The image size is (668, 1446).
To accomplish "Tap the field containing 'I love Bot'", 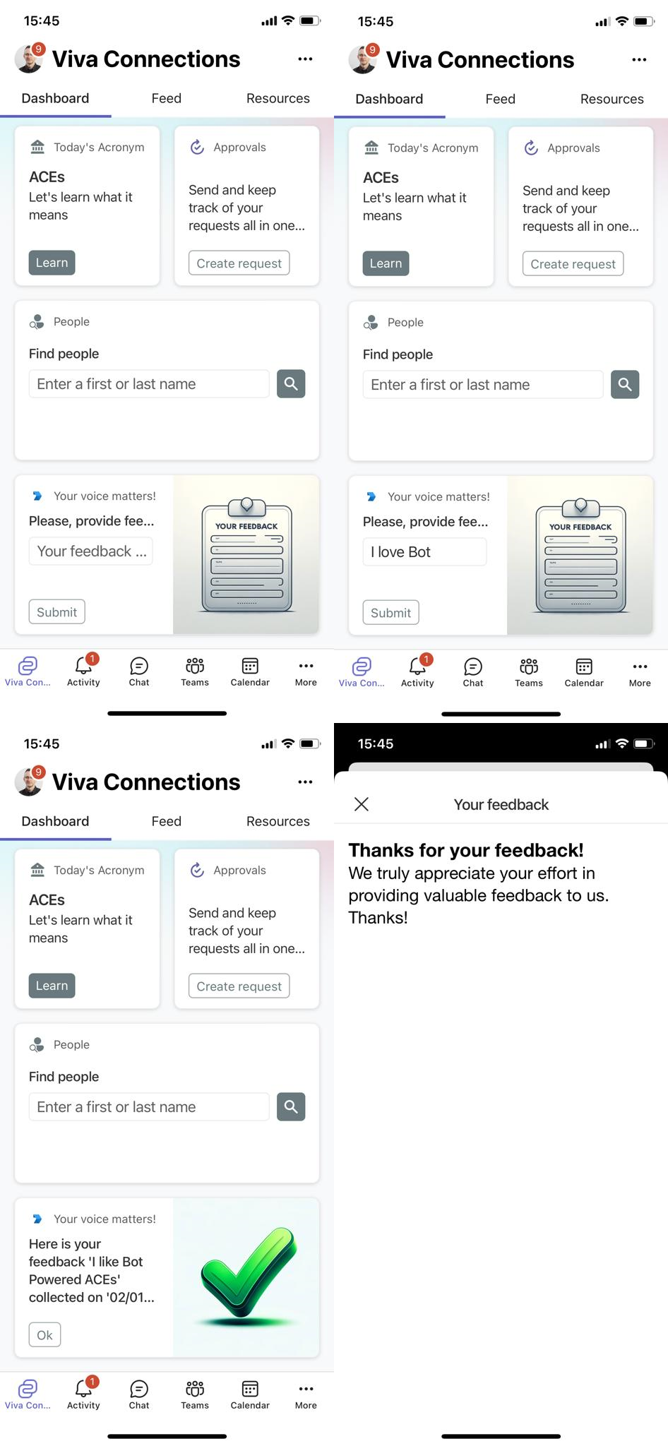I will tap(424, 552).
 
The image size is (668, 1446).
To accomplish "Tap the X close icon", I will tap(362, 804).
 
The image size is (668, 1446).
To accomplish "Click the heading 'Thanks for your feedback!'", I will tap(466, 850).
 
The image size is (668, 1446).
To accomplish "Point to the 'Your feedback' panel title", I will tap(501, 805).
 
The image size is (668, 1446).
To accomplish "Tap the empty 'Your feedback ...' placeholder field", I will tap(91, 551).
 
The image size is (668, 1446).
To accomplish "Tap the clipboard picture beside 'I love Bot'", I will tap(580, 556).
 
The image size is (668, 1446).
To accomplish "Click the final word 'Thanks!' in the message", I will tap(378, 918).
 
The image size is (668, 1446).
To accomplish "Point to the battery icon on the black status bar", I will tap(643, 744).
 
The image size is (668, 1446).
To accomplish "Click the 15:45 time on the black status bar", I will tap(376, 744).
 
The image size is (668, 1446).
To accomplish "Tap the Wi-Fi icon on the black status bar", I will tap(621, 744).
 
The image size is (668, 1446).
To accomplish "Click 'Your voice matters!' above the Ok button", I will tap(105, 1219).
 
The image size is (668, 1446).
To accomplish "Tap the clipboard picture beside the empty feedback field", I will tap(246, 555).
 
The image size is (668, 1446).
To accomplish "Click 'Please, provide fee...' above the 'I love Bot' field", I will tap(425, 522).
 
